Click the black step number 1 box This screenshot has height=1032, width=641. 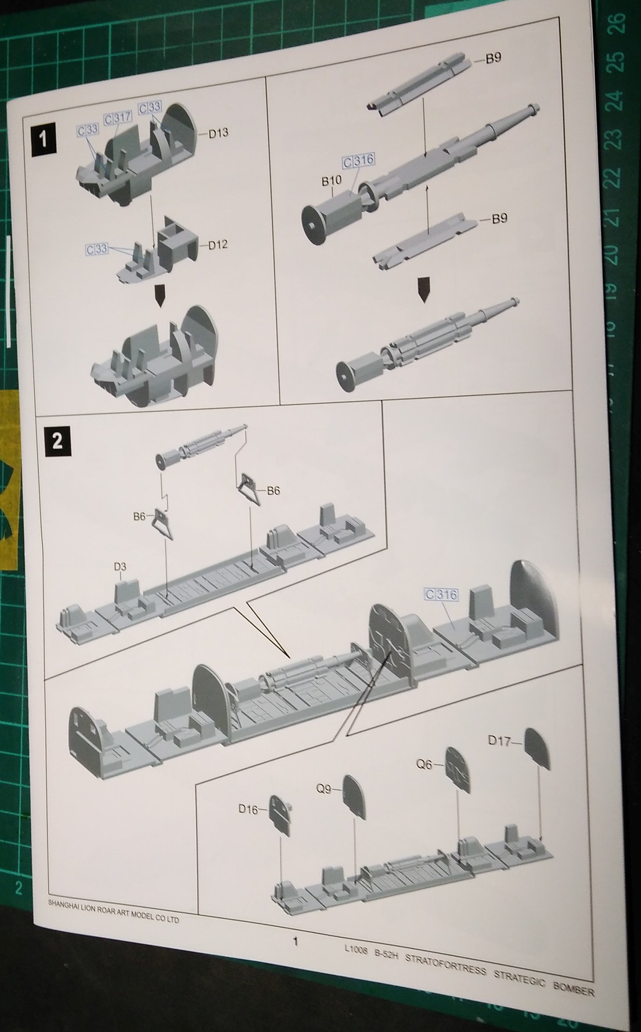tap(43, 138)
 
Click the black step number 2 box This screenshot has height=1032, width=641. tap(57, 442)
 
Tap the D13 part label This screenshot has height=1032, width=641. tap(218, 133)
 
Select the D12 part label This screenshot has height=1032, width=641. tap(218, 245)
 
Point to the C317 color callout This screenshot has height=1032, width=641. tap(117, 118)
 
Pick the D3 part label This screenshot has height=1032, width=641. tap(120, 567)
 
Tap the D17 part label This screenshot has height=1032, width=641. tap(499, 741)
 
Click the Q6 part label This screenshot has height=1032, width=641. tap(424, 765)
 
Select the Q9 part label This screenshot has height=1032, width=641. tap(324, 789)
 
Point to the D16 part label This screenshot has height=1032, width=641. tap(248, 809)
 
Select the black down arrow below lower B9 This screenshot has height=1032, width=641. tap(424, 289)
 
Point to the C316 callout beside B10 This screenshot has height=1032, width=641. tap(359, 161)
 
